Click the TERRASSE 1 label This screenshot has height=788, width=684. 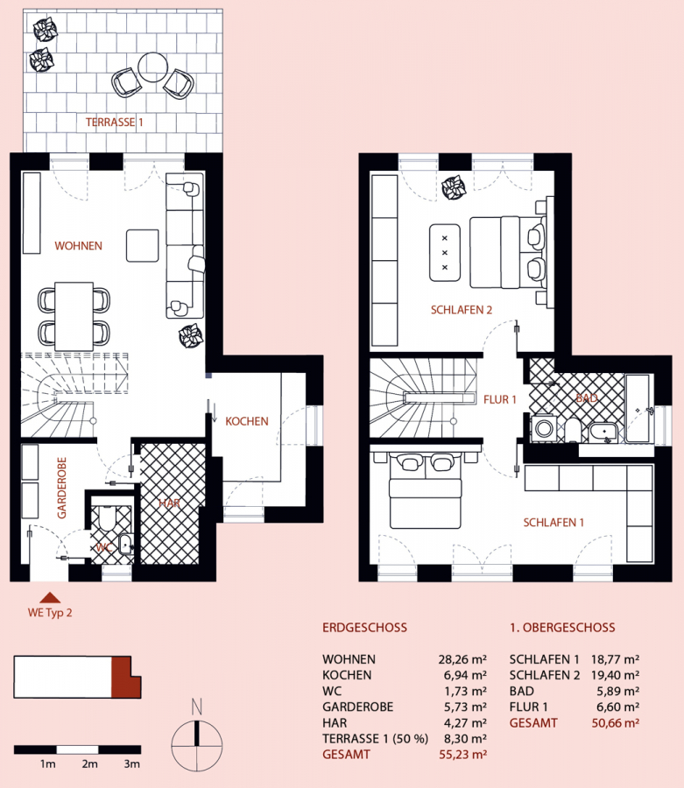click(114, 122)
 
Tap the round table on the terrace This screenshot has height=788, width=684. click(152, 67)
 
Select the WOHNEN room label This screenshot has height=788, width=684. click(79, 246)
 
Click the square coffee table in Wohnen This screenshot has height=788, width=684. click(142, 246)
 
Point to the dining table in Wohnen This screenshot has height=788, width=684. click(74, 317)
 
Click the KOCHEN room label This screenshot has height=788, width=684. click(247, 421)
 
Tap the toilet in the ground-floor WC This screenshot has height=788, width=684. click(107, 518)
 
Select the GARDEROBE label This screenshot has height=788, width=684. click(62, 488)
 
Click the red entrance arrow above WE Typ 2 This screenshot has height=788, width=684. click(50, 597)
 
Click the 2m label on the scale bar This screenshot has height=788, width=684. click(89, 763)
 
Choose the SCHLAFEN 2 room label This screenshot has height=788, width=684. click(462, 310)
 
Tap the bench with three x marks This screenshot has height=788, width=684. click(445, 253)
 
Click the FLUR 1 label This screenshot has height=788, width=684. click(500, 399)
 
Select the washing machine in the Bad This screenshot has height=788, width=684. click(544, 429)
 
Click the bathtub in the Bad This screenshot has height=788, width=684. click(638, 409)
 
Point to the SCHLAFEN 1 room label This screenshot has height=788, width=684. click(554, 523)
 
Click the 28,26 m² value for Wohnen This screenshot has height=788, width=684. click(462, 659)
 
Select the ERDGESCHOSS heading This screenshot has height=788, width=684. click(365, 628)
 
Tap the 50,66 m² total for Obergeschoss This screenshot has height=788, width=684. click(616, 723)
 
